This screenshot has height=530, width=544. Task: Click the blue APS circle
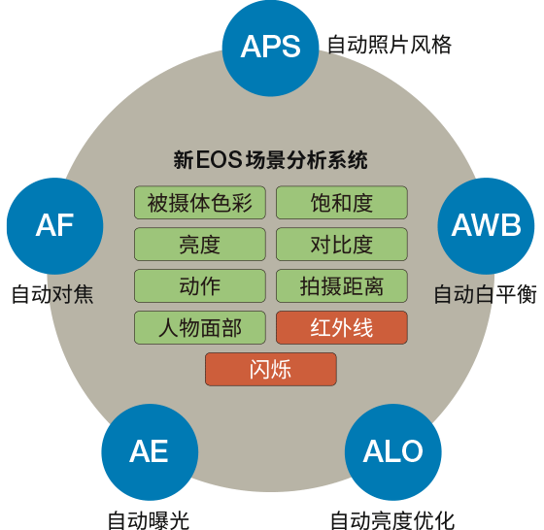(270, 48)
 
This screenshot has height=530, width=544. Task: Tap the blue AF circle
(54, 226)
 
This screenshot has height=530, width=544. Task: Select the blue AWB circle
(486, 226)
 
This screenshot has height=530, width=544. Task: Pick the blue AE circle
(150, 452)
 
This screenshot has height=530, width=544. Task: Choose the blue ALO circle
(393, 452)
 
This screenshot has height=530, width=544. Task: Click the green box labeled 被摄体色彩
(200, 203)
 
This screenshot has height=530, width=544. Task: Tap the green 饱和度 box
(342, 203)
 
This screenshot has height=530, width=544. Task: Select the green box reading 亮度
(200, 245)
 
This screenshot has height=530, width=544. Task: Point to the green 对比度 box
(342, 245)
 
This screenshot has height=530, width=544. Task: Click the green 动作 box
(200, 286)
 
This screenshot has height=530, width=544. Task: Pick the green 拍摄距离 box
(342, 286)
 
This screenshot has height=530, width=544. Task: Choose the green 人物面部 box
(200, 327)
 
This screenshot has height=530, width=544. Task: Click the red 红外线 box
(342, 327)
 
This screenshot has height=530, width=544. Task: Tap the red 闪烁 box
(271, 369)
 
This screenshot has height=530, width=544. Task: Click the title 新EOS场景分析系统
(271, 160)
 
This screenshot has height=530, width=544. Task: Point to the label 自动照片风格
(390, 45)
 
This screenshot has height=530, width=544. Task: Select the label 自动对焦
(52, 294)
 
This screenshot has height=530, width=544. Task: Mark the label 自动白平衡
(486, 294)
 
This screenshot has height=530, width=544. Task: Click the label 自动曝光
(149, 520)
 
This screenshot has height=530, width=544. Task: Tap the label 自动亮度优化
(392, 520)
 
